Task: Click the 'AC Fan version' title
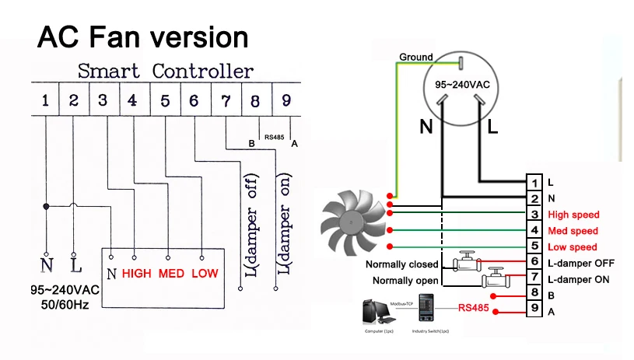click(x=143, y=37)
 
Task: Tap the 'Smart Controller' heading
click(x=165, y=72)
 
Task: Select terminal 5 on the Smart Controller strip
click(x=165, y=100)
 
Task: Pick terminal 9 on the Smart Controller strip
click(x=286, y=100)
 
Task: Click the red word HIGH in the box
click(x=136, y=274)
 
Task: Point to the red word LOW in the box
click(x=205, y=274)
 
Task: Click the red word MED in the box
click(x=171, y=274)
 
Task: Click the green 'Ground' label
click(x=416, y=58)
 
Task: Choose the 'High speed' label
click(x=573, y=215)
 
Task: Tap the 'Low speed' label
click(x=573, y=247)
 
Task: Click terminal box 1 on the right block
click(x=534, y=183)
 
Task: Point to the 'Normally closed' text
click(x=402, y=264)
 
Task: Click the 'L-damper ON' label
click(x=578, y=279)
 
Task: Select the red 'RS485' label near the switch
click(x=474, y=307)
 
